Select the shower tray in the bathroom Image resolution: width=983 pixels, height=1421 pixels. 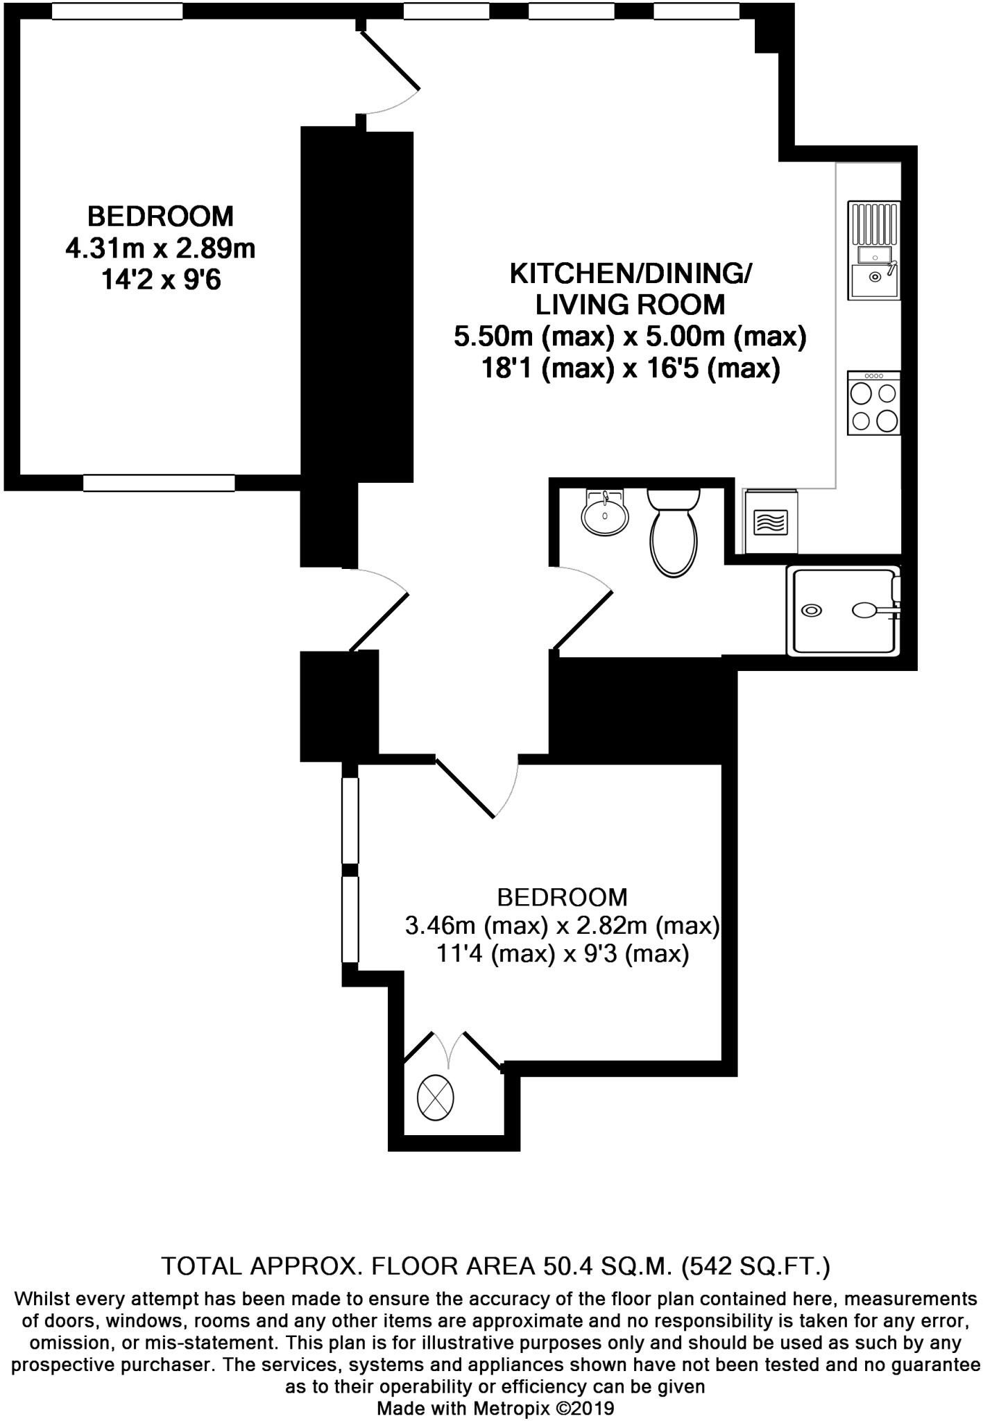click(x=842, y=611)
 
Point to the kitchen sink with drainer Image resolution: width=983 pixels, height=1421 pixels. click(x=874, y=250)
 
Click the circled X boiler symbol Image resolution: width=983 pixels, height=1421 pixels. click(x=435, y=1098)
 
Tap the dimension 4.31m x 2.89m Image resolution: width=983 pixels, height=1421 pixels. click(x=160, y=248)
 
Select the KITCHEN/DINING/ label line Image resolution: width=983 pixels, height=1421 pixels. click(x=630, y=274)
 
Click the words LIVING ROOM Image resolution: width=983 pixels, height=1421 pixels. click(x=630, y=305)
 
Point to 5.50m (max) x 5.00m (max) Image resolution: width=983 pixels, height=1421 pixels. click(x=630, y=337)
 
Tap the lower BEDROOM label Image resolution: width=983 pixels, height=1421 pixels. click(x=562, y=898)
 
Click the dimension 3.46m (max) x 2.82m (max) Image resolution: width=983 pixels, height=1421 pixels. click(x=562, y=926)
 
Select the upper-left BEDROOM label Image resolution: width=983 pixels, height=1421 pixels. click(x=160, y=216)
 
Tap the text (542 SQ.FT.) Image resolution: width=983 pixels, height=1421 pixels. click(x=755, y=1267)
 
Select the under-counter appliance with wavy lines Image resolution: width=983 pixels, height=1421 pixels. click(x=771, y=522)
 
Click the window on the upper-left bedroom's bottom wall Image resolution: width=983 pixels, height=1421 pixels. click(x=159, y=483)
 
